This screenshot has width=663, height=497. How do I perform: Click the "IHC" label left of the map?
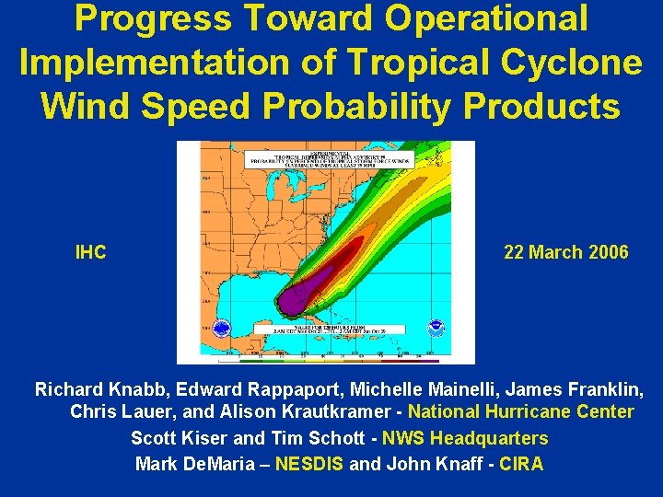[x=90, y=252]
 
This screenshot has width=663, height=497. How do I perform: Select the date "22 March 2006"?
[x=566, y=252]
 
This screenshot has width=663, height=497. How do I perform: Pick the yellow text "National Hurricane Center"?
[x=520, y=412]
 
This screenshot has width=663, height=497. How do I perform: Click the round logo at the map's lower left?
[x=221, y=329]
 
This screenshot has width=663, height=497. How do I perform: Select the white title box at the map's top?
[x=326, y=157]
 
